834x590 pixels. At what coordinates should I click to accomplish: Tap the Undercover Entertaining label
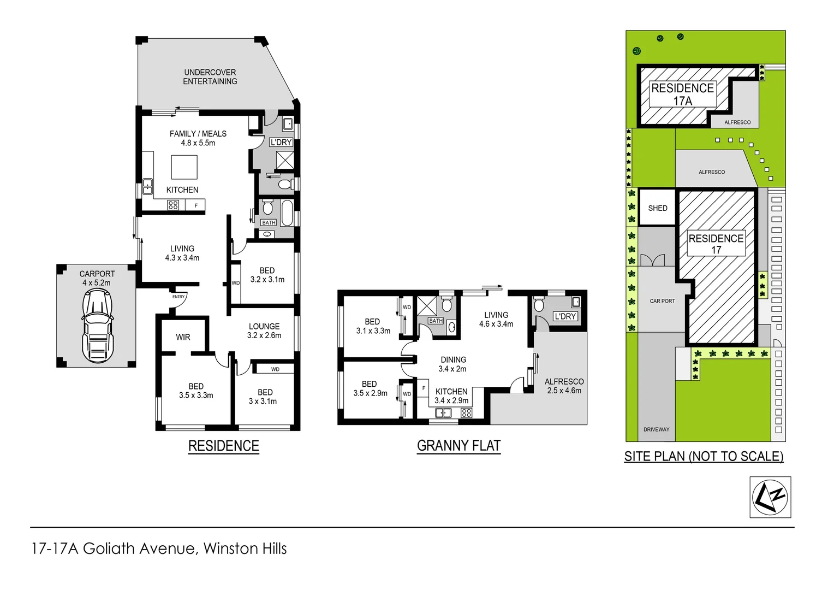coord(210,77)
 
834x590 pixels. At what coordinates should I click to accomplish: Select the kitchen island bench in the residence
coord(184,167)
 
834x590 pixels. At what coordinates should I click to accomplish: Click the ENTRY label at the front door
coord(178,297)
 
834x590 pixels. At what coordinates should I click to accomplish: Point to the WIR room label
coord(183,337)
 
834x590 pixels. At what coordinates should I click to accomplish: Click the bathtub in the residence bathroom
coord(287,213)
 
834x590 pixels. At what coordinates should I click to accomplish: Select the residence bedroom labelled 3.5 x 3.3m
coord(196,391)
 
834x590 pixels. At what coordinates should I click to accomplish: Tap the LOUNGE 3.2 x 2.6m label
coord(264,331)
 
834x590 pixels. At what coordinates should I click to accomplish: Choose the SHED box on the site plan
coord(658,208)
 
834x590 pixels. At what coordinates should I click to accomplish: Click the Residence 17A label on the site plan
coord(682,95)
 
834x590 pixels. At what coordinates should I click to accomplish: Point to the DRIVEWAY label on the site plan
coord(656,429)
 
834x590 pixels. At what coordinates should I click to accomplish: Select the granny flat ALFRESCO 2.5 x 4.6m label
coord(564,386)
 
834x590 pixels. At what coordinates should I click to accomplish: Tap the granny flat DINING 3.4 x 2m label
coord(453,364)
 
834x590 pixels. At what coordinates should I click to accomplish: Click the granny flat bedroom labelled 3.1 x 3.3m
coord(373,326)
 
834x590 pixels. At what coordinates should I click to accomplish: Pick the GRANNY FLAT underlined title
coord(458,446)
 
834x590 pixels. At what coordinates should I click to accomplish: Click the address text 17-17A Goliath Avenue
coord(159,548)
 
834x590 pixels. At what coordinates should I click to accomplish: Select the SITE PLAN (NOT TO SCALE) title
coord(704,456)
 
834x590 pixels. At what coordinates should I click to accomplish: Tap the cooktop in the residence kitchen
coord(173,205)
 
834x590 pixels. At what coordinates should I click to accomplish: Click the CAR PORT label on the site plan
coord(662,301)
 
